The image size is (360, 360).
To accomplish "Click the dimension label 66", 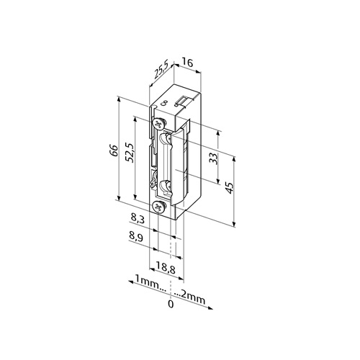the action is tap(115, 150).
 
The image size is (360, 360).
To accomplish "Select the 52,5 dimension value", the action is tap(130, 153).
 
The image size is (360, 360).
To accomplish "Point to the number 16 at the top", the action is tap(187, 63).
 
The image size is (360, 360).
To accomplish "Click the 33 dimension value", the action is tap(213, 158).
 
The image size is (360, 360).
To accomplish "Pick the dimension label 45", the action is tap(230, 188).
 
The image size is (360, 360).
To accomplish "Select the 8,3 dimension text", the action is tap(138, 219).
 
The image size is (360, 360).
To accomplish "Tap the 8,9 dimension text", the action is tap(136, 238).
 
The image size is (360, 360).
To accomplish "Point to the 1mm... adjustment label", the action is tap(150, 284).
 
